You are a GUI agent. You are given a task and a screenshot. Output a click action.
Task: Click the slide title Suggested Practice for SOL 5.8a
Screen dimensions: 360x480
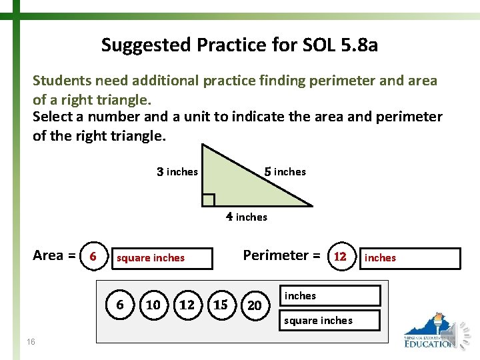(x=239, y=45)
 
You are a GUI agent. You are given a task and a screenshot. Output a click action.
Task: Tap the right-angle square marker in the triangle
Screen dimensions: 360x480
(x=208, y=200)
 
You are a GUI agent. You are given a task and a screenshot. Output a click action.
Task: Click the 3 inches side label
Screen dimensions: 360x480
(x=177, y=172)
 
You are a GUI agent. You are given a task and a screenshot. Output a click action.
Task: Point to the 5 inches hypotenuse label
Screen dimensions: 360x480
(x=285, y=172)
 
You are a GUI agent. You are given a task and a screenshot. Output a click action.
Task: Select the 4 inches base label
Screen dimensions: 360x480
(x=246, y=217)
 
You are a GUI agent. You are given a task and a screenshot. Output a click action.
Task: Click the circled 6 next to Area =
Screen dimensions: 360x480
(x=93, y=256)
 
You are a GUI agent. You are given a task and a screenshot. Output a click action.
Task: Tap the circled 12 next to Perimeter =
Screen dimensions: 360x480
(x=340, y=257)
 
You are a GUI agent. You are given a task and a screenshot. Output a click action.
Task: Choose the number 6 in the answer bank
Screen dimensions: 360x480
(x=120, y=305)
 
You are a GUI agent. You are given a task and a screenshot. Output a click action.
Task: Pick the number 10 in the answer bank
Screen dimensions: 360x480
(x=153, y=305)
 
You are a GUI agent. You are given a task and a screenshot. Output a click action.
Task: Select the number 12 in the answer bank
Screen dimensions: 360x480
(x=187, y=305)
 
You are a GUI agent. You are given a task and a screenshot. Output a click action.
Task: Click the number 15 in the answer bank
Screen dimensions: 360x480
(x=220, y=305)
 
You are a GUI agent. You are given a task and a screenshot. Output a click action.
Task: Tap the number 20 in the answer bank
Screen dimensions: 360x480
(x=254, y=305)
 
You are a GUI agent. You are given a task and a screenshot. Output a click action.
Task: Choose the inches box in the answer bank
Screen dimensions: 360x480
(x=331, y=295)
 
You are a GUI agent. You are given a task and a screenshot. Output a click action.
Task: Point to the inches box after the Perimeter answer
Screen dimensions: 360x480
(x=410, y=258)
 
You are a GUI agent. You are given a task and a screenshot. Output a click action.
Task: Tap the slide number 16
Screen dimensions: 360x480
(x=31, y=341)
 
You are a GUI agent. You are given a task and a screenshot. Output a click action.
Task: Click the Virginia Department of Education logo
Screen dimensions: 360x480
(x=433, y=331)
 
